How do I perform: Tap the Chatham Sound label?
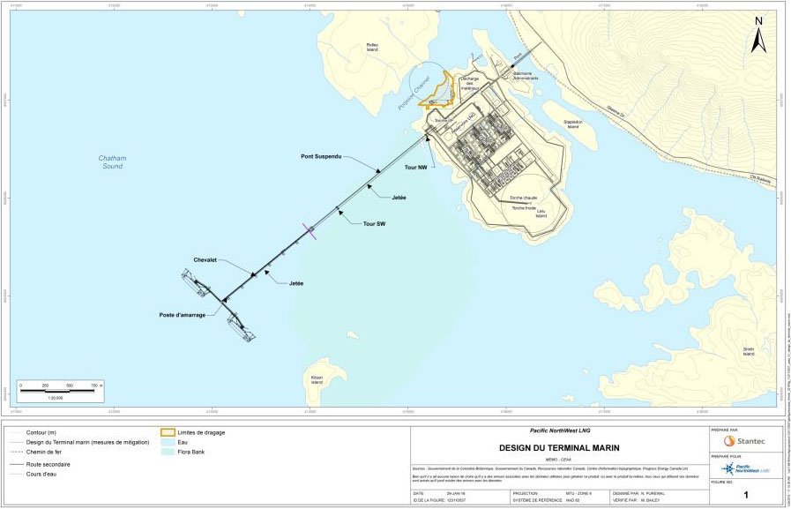click(112, 162)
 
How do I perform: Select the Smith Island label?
click(748, 352)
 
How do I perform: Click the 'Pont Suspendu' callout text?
click(321, 157)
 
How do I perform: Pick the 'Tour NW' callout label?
click(417, 167)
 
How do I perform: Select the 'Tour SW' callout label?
click(375, 224)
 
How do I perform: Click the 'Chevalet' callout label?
click(205, 259)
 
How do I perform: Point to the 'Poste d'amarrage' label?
click(184, 314)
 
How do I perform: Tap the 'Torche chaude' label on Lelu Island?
click(523, 198)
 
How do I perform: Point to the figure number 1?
click(746, 496)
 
